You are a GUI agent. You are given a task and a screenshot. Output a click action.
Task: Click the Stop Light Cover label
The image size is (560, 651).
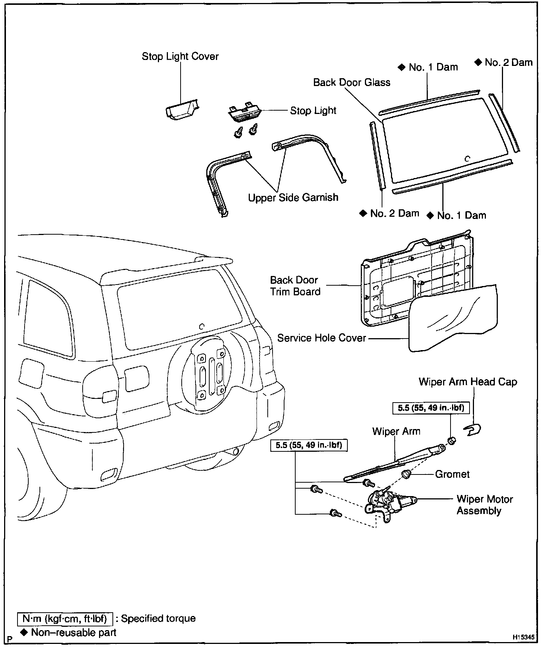[180, 56]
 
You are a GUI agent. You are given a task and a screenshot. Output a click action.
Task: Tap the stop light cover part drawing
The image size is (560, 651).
[181, 110]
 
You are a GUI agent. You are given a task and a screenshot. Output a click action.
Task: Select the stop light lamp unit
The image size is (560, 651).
[244, 113]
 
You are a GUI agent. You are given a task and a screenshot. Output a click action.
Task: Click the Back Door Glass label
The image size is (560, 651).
[351, 82]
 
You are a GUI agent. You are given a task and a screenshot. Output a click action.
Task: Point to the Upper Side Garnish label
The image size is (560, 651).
[293, 197]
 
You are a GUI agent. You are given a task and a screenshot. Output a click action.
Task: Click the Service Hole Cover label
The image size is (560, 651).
[322, 338]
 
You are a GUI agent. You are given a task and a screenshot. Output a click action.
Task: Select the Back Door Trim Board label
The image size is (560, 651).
[295, 286]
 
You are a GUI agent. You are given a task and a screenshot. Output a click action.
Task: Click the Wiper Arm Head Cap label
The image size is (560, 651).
[468, 382]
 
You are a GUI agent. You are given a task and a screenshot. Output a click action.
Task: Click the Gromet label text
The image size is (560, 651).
[452, 474]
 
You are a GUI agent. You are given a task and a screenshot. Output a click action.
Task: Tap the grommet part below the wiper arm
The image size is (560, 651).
[406, 474]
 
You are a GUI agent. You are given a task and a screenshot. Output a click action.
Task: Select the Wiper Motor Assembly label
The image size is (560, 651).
[484, 505]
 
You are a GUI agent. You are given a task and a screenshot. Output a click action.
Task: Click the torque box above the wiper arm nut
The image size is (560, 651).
[431, 408]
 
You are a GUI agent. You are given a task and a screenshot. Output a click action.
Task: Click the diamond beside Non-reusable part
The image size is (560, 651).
[25, 632]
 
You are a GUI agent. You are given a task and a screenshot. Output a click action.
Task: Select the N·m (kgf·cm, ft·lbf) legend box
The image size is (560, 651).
[65, 619]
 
